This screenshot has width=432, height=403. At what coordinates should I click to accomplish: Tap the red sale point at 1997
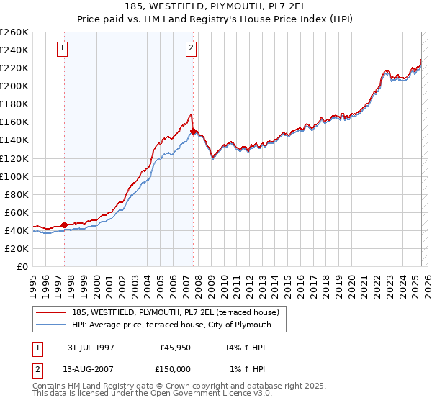tap(65, 225)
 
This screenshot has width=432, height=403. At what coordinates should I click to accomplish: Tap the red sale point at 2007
tap(193, 131)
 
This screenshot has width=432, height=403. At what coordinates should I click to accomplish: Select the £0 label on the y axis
tap(23, 266)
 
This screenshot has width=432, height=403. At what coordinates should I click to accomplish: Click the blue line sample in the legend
tap(50, 325)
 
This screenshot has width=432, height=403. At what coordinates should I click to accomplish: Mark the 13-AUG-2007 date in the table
tap(90, 369)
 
